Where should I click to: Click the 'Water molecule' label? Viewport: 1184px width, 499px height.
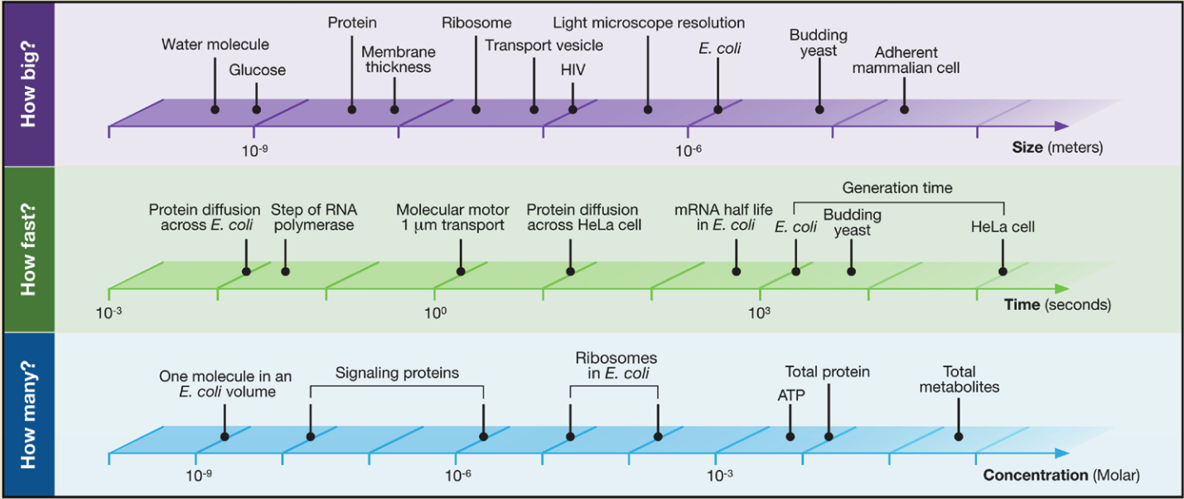point(215,45)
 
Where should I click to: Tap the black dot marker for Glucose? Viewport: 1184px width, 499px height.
point(256,109)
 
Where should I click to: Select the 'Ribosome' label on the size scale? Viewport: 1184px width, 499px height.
point(476,22)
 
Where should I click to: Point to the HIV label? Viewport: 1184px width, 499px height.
point(573,70)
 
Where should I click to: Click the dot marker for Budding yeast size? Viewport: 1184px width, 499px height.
point(819,109)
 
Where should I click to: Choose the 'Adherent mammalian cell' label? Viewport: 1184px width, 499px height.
point(906,60)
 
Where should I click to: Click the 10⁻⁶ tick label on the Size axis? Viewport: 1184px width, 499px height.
point(689,149)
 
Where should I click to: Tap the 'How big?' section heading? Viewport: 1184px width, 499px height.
point(29,84)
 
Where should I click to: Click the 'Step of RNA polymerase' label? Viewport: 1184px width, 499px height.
point(312,218)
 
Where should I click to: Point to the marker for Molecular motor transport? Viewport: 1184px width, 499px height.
point(461,271)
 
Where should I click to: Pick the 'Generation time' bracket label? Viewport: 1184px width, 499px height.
point(897,188)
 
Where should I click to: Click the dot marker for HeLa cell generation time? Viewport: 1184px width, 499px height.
point(1003,271)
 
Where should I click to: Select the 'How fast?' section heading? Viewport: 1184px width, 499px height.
point(29,249)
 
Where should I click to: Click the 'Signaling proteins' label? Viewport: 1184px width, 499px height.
point(397,373)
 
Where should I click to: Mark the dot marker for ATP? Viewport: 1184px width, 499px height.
point(790,436)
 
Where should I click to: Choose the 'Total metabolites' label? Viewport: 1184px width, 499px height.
point(959,380)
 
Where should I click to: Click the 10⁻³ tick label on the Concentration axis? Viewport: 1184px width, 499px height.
point(719,476)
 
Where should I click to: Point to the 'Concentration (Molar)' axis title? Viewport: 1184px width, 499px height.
point(1061,476)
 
